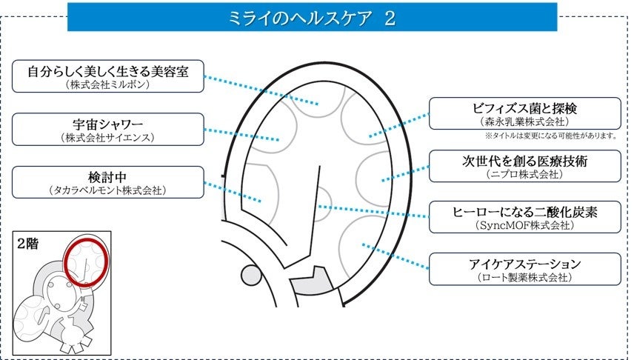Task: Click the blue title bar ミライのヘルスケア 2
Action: [312, 17]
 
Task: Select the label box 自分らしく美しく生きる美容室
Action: [108, 76]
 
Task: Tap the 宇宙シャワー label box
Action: [108, 129]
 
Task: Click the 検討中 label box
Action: [108, 182]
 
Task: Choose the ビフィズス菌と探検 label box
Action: [525, 113]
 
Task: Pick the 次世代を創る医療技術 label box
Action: [525, 166]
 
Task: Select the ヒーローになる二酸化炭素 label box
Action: [525, 217]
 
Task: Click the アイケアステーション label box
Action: [525, 269]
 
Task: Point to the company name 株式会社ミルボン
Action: [108, 85]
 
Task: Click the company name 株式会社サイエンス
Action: [108, 139]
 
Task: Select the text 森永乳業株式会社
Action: [525, 121]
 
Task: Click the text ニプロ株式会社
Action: [525, 175]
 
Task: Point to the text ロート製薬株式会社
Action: [525, 278]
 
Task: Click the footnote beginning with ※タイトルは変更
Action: [551, 136]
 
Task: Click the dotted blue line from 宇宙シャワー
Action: [241, 134]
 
